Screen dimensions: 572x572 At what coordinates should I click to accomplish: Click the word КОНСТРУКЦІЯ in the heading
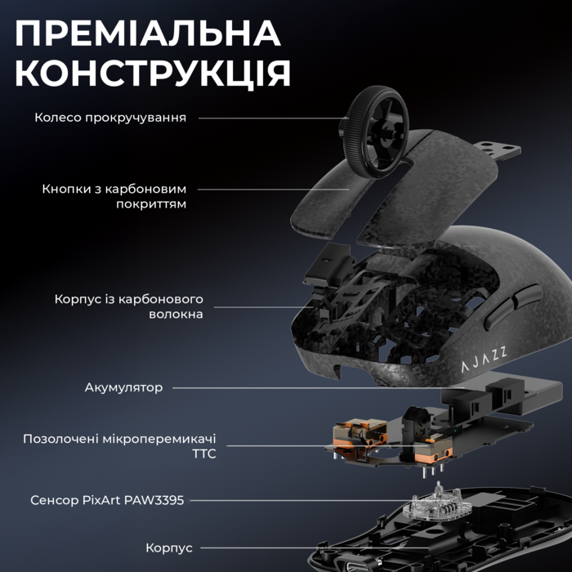click(x=153, y=74)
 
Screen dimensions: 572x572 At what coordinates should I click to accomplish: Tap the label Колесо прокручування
click(x=110, y=118)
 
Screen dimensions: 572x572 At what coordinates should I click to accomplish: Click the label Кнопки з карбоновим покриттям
click(x=114, y=196)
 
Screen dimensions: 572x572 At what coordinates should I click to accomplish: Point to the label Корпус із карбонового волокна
click(x=129, y=306)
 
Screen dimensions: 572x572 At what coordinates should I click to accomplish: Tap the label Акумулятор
click(x=123, y=387)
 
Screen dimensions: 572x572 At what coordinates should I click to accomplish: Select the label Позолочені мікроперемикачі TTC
click(x=120, y=445)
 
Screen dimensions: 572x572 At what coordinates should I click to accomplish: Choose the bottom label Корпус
click(x=169, y=547)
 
